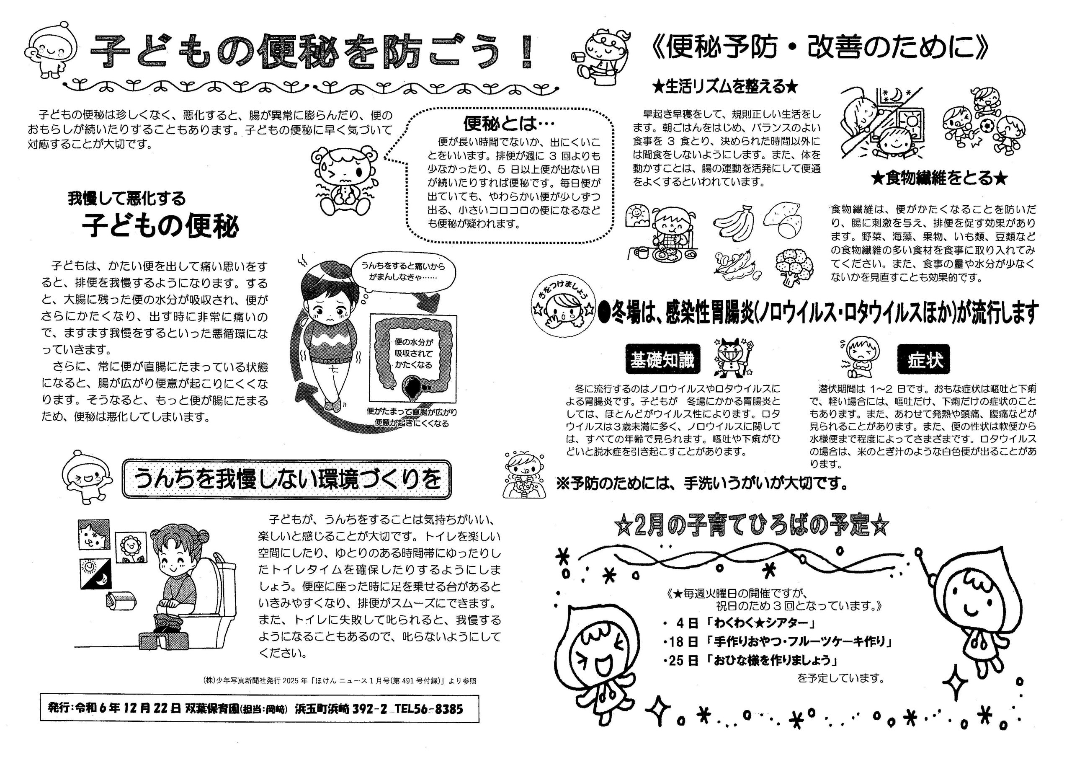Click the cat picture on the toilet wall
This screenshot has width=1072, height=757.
tap(94, 535)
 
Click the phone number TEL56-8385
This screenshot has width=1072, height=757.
tap(429, 708)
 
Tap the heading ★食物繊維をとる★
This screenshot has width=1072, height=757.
tap(939, 178)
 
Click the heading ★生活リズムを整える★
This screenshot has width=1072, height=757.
tap(726, 87)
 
